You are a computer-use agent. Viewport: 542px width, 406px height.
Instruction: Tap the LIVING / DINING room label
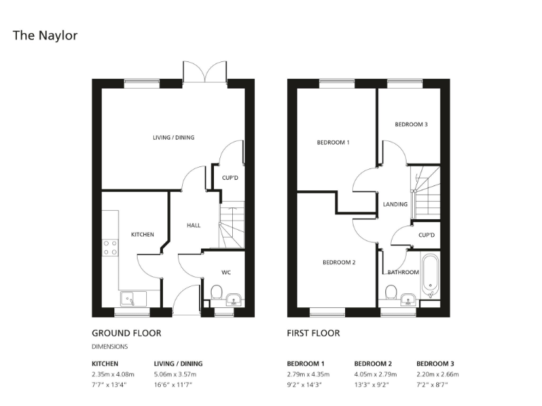173,137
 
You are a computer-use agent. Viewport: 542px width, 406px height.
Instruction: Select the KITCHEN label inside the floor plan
143,234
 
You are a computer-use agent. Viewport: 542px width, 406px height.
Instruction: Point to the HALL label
193,226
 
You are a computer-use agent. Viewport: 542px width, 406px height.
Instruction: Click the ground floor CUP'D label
229,178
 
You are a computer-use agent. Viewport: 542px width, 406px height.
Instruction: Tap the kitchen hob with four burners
111,247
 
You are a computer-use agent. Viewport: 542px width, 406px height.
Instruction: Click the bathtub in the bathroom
430,277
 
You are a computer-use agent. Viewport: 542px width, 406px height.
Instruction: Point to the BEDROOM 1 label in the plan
333,143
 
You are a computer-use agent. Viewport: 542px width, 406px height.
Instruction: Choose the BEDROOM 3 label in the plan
411,125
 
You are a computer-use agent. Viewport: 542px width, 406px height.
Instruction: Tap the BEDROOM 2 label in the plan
339,263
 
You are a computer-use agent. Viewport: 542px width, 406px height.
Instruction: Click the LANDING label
395,204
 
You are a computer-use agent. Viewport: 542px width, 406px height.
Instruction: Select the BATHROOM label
403,271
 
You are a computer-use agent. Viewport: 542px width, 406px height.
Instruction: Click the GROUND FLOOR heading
126,333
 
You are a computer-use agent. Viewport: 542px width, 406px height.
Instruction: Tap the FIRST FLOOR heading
313,333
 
